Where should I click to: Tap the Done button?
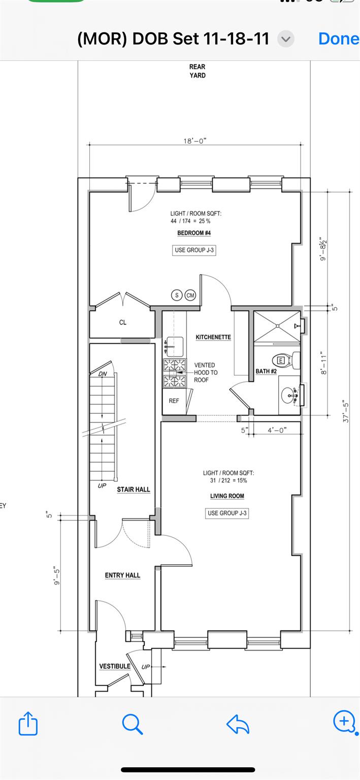[339, 39]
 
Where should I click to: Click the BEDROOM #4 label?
[194, 233]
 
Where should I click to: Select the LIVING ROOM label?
[227, 496]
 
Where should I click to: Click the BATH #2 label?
[266, 371]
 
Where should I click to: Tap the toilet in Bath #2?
[288, 361]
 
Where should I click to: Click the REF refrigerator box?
[174, 401]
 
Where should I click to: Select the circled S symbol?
[177, 295]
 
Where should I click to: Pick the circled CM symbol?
[190, 295]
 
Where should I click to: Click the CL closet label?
[123, 322]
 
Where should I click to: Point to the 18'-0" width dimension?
[195, 141]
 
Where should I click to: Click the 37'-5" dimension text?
[346, 412]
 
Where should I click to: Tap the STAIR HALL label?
[134, 490]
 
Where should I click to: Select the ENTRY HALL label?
[122, 575]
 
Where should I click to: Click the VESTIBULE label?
[115, 666]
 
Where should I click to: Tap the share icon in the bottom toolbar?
[28, 723]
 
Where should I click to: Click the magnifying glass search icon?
[133, 724]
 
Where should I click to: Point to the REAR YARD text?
[198, 71]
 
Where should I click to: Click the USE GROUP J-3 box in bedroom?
[194, 250]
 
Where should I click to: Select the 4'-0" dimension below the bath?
[277, 430]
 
